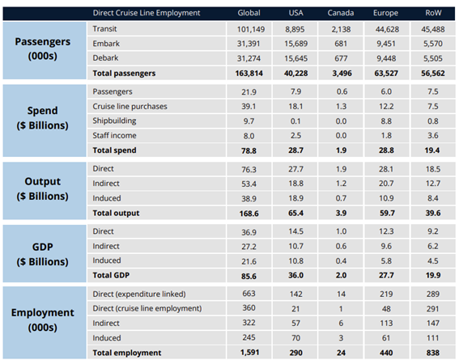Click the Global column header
(249, 13)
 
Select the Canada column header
(341, 13)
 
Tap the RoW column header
(433, 13)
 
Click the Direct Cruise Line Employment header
(147, 13)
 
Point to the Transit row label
(104, 29)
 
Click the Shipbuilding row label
(114, 121)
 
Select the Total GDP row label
(111, 275)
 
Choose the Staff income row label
(114, 135)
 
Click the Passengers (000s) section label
(43, 49)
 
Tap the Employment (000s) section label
(43, 320)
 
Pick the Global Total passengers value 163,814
(249, 73)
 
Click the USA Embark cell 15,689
(296, 44)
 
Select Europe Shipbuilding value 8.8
(386, 121)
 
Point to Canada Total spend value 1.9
(341, 150)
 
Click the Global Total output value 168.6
(249, 214)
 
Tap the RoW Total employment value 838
(433, 353)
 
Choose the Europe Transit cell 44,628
(387, 29)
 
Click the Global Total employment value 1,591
(249, 353)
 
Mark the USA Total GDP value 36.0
(295, 275)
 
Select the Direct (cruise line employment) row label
(147, 308)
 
